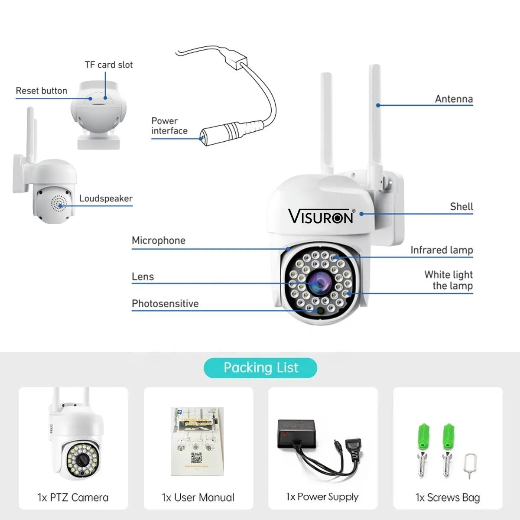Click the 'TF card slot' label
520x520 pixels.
coord(109,65)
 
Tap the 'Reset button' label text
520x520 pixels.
coord(42,91)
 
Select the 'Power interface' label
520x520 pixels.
coord(169,126)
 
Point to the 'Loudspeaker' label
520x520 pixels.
coord(106,198)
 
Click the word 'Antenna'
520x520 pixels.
coord(454,99)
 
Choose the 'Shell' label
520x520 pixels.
coord(461,207)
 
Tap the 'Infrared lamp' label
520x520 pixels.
coord(442,250)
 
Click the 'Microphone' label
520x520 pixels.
coord(159,240)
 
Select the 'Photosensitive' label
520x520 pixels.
coord(165,304)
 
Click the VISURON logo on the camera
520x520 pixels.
coord(321,216)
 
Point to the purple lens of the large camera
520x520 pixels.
coord(320,282)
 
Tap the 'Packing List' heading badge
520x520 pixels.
coord(260,368)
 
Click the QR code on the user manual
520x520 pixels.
coord(196,458)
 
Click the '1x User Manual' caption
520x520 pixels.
coord(198,497)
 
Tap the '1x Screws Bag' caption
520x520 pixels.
coord(448,497)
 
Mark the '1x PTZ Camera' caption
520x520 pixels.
coord(73,497)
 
